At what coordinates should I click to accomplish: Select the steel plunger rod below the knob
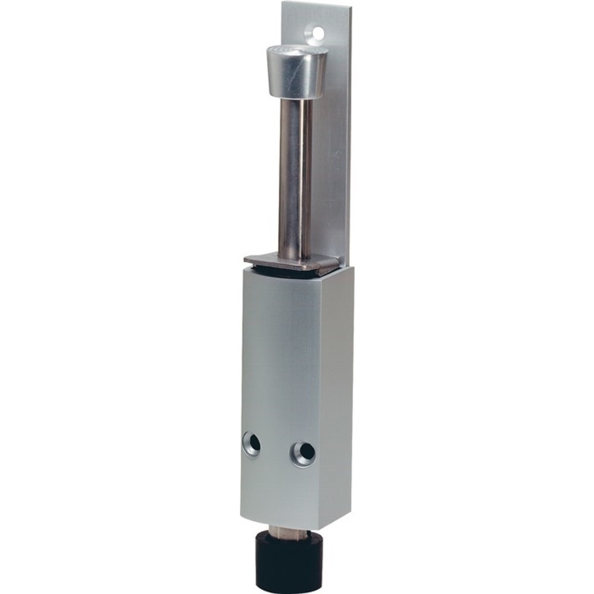click(295, 178)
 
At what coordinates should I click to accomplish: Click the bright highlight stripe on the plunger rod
click(289, 178)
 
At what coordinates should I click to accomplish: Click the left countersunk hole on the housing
click(252, 444)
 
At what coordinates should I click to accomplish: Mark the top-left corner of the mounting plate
click(283, 4)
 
